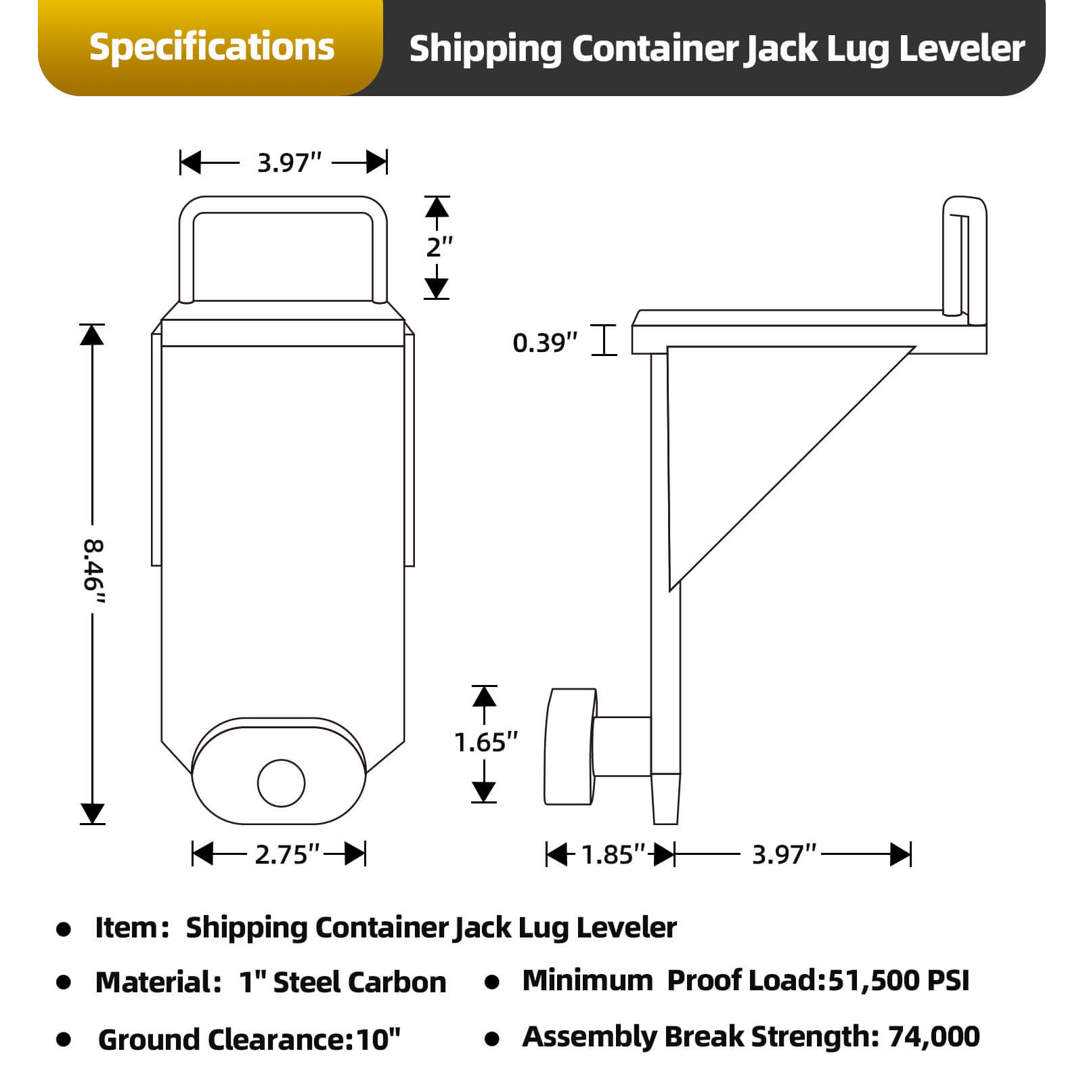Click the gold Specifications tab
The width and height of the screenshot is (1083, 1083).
211,47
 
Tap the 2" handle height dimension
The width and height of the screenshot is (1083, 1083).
439,247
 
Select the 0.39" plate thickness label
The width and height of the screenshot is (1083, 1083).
545,342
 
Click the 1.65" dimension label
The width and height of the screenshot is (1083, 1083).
485,743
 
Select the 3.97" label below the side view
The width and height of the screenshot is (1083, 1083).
784,854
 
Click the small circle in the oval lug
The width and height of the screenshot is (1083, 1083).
281,783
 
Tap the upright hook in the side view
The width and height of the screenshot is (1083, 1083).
964,257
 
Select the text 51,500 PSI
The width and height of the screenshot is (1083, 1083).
898,981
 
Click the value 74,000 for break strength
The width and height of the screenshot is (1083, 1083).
933,1037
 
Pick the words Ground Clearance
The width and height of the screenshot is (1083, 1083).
220,1040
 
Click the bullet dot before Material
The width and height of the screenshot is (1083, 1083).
64,983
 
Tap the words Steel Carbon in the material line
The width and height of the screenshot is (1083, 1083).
359,983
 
